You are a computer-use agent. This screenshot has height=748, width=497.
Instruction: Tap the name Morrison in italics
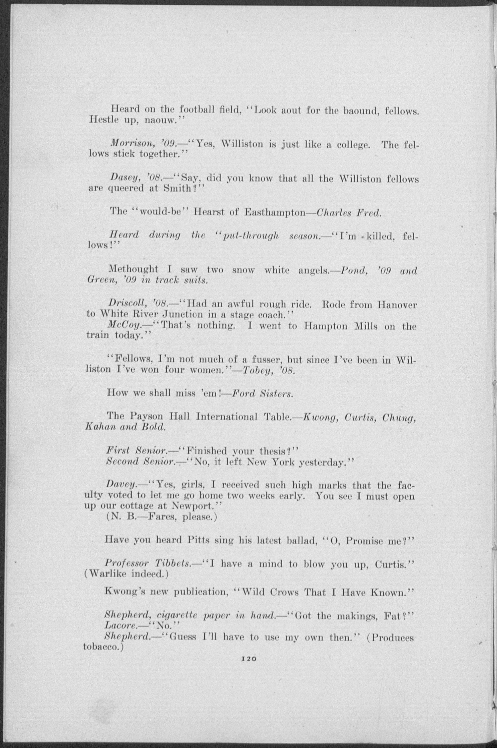click(x=127, y=144)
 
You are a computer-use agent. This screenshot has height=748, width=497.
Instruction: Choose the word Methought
click(x=133, y=270)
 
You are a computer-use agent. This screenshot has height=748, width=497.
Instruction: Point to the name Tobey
click(x=255, y=370)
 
